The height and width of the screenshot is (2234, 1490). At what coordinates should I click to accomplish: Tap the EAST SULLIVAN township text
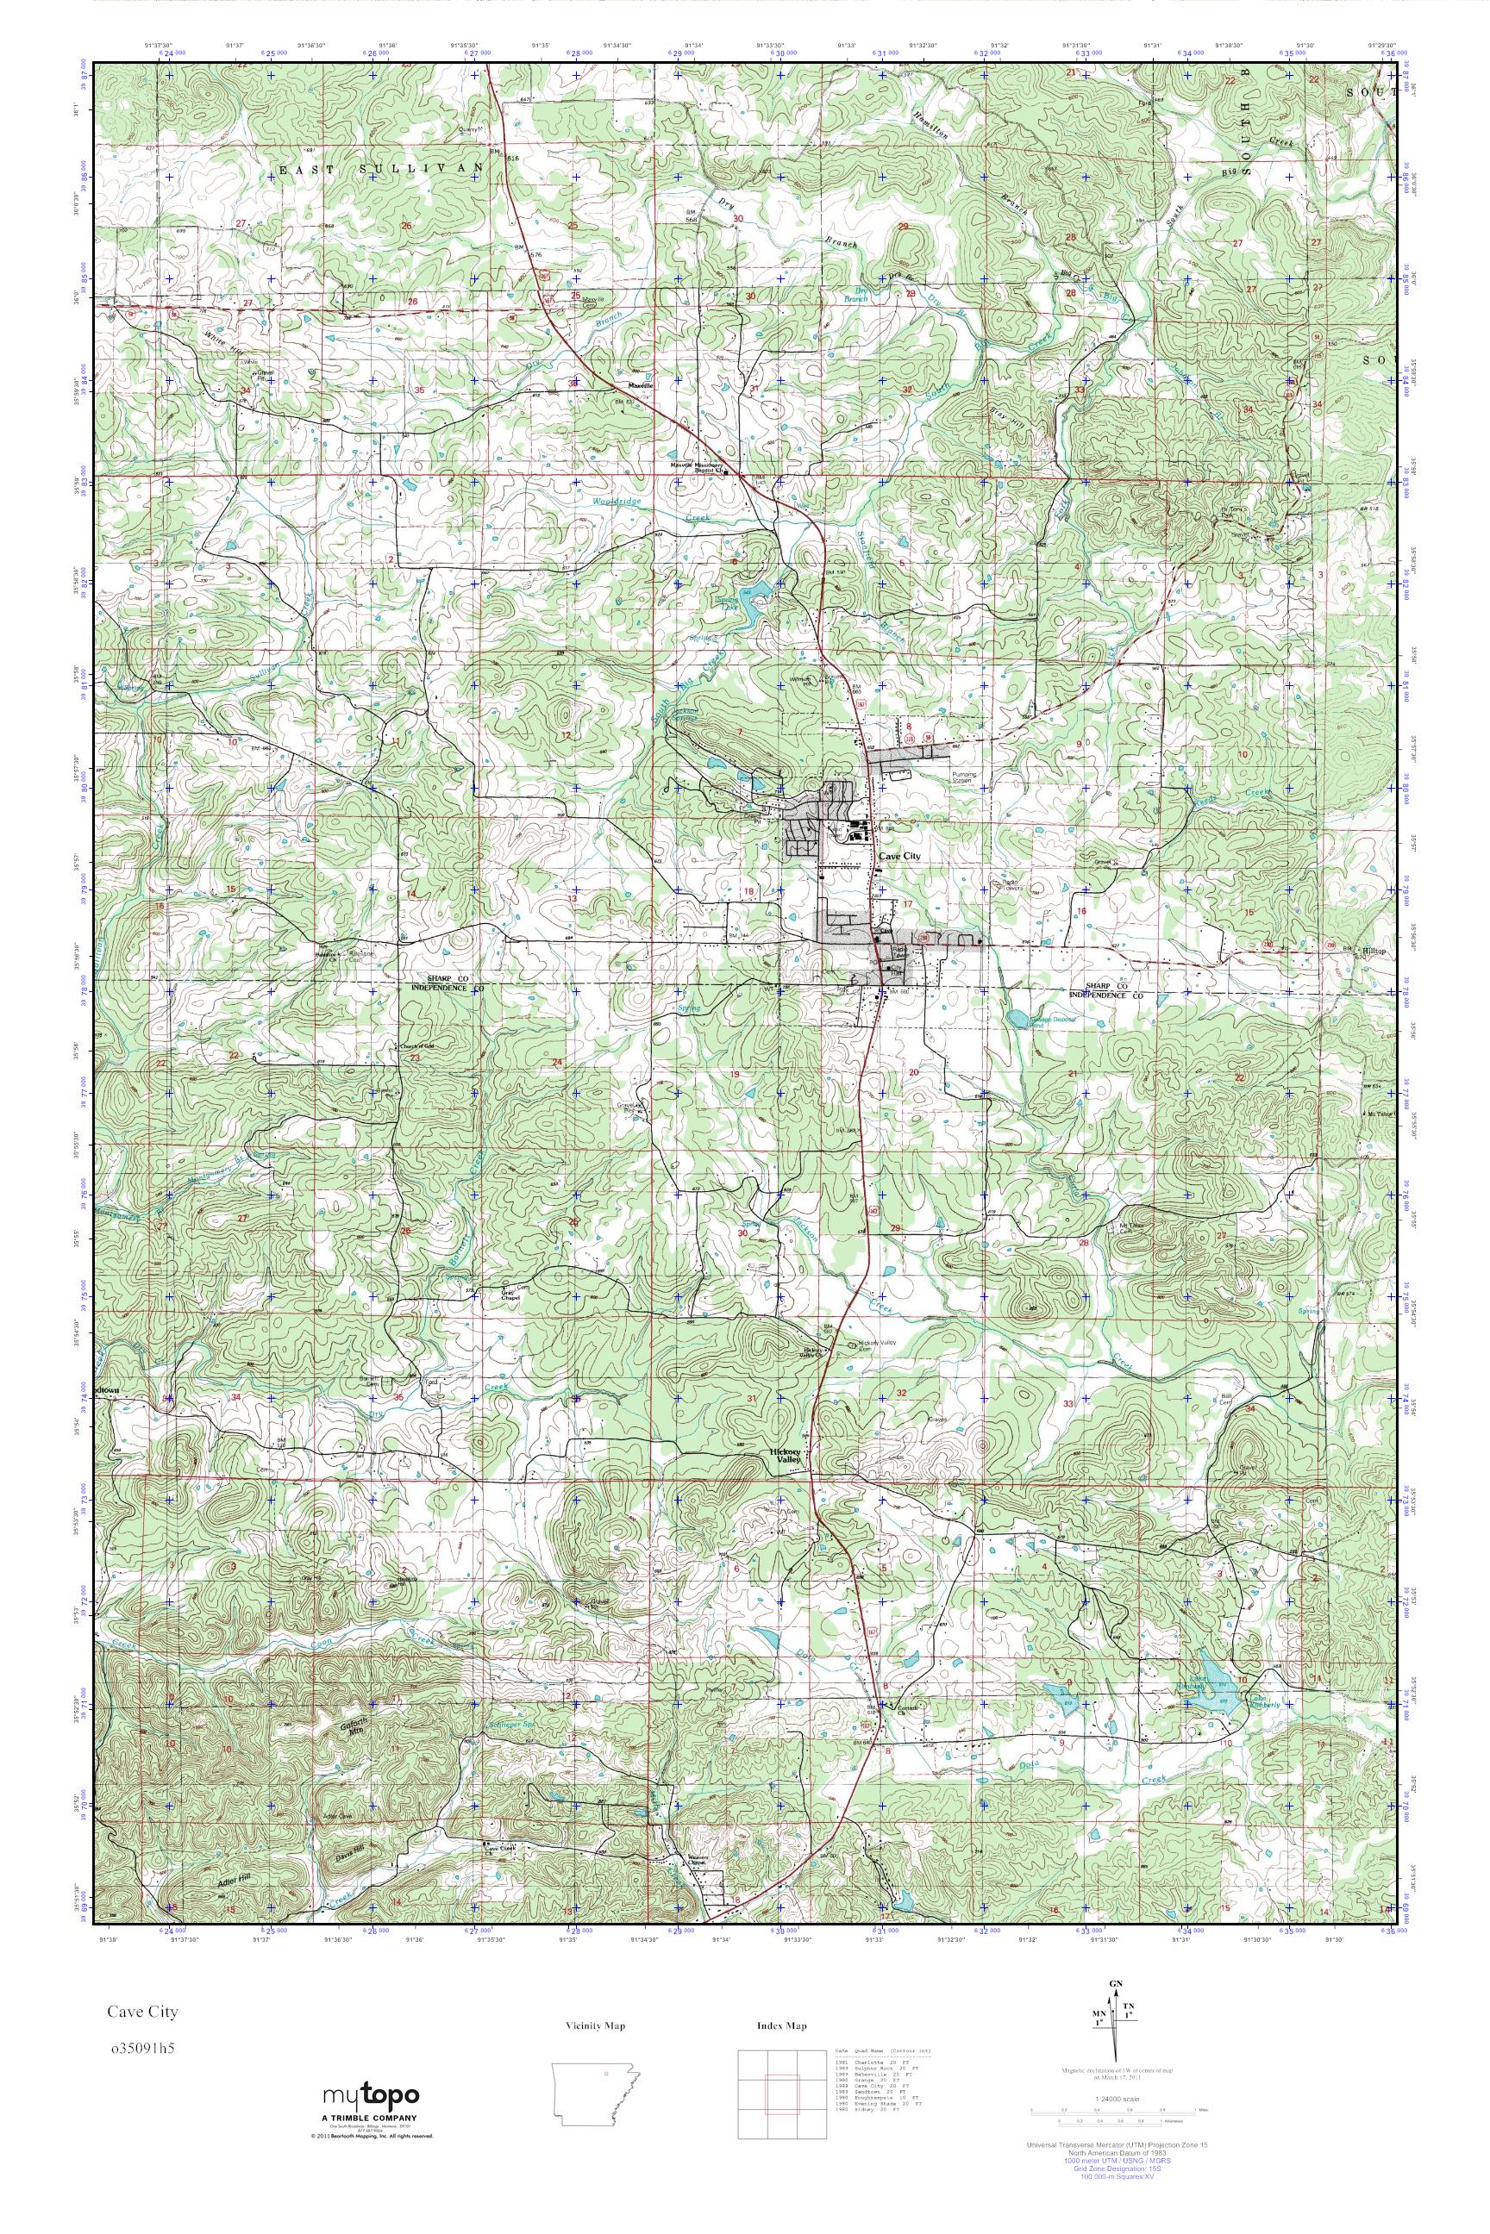(x=380, y=168)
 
